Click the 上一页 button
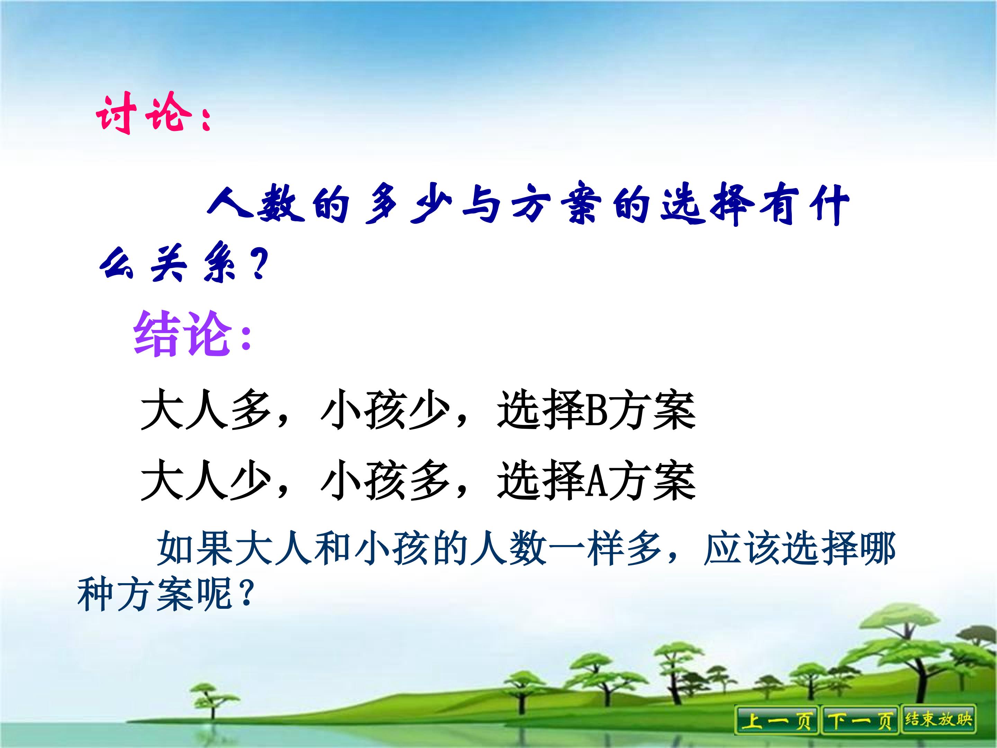(776, 720)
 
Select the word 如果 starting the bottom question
(195, 549)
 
